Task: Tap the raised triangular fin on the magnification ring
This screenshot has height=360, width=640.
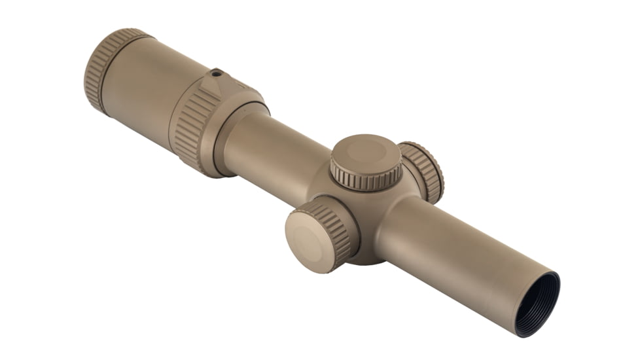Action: pos(213,84)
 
